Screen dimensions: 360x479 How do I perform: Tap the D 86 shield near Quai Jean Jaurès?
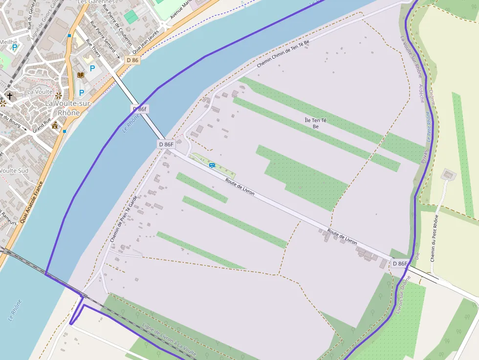click(x=132, y=60)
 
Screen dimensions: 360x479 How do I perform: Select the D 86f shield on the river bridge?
click(x=140, y=109)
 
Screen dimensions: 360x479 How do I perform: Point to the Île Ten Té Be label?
click(x=315, y=123)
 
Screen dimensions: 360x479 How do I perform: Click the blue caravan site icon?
click(x=212, y=165)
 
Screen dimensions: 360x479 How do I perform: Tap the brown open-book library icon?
click(x=81, y=75)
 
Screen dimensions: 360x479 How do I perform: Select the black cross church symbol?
click(x=9, y=96)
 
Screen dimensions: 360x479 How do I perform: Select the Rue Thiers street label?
click(x=93, y=48)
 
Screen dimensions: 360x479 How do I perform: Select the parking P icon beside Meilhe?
click(x=15, y=48)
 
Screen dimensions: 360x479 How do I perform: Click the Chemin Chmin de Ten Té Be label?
click(x=284, y=54)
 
